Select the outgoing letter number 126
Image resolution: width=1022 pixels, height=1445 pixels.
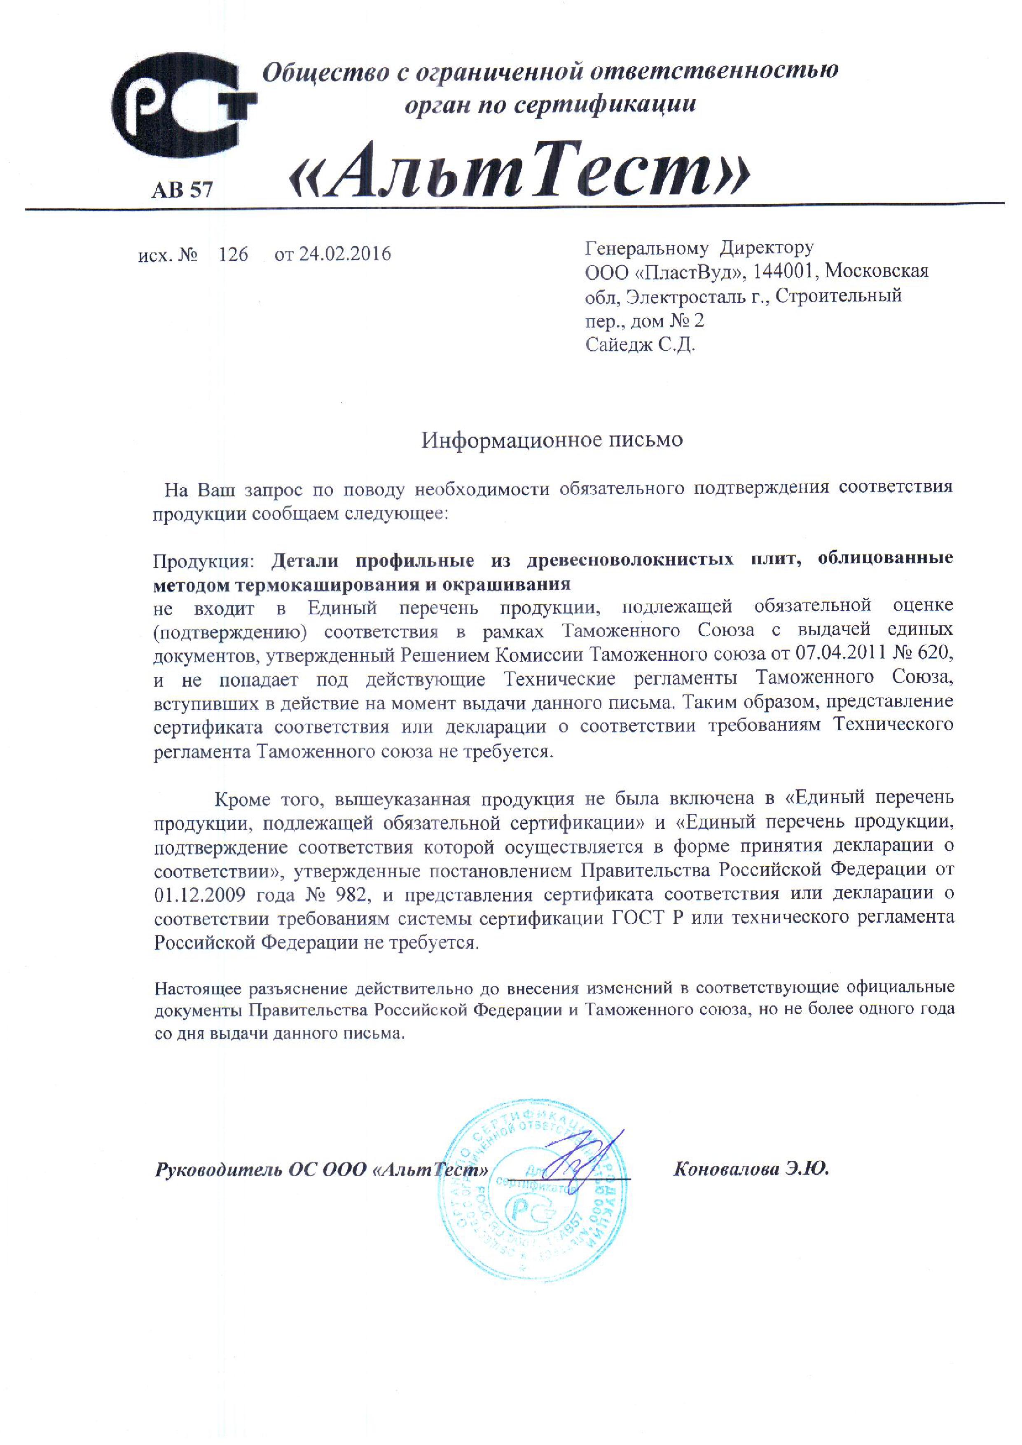click(x=233, y=254)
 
